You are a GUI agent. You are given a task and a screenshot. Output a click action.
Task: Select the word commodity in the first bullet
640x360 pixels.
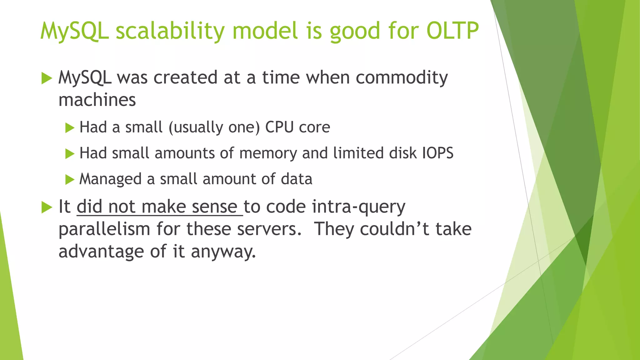tap(402, 78)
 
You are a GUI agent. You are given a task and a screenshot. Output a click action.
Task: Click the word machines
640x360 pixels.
tap(97, 100)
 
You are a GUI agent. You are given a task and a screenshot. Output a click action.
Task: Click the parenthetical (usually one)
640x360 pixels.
tap(214, 127)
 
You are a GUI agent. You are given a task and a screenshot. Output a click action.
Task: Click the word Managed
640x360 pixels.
tap(110, 179)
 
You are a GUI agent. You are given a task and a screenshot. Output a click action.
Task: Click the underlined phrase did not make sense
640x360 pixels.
tap(159, 207)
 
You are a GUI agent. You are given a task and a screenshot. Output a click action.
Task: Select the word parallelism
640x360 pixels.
tap(104, 229)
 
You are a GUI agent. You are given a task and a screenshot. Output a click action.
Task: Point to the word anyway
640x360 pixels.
tap(223, 252)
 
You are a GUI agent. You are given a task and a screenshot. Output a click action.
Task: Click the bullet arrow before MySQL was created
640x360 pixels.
tap(47, 78)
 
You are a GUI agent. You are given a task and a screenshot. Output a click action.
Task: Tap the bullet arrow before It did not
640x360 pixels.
tap(47, 207)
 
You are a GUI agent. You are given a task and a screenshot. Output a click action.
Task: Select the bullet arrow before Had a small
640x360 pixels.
tap(70, 128)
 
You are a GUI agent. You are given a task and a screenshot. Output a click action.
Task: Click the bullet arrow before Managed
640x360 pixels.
tap(70, 180)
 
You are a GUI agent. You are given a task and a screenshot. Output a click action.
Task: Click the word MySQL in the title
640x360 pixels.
tap(75, 31)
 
